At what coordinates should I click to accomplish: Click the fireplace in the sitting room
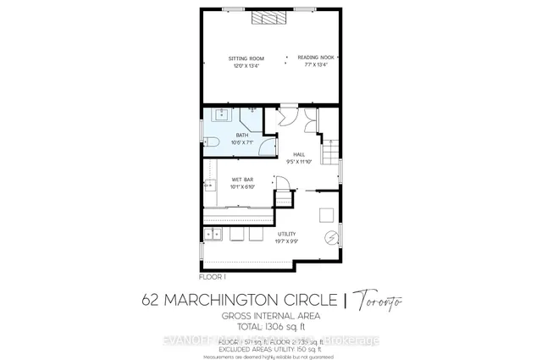coord(270,16)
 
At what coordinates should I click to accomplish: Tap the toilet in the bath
coord(212,141)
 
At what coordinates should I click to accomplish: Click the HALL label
coord(299,154)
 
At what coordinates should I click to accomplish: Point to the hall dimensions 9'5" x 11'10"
coord(299,161)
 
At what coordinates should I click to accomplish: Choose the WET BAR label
coord(243,180)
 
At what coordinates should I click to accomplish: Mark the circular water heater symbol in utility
coord(331,238)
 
